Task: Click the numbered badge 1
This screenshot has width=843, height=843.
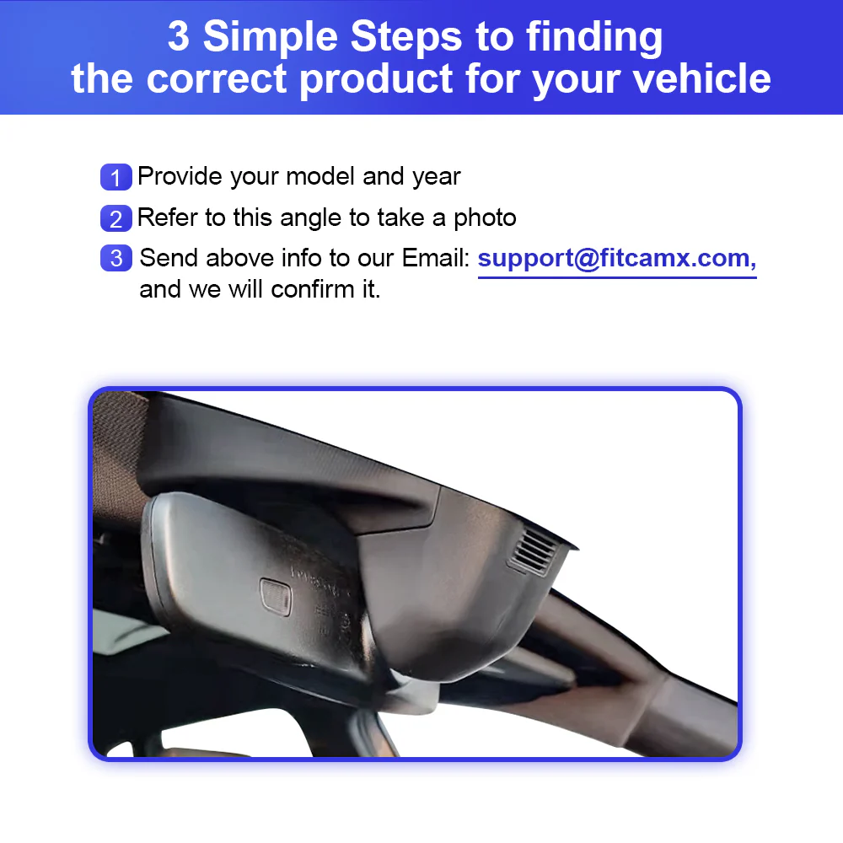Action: (116, 178)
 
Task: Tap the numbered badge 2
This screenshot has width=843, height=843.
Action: (116, 218)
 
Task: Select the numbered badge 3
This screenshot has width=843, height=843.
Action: (116, 258)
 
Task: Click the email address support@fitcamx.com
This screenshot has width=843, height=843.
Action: (616, 258)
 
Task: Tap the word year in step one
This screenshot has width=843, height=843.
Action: (436, 178)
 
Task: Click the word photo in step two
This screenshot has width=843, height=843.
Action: (485, 217)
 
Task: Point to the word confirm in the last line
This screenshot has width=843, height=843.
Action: (305, 289)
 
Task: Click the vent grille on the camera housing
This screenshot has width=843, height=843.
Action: (534, 552)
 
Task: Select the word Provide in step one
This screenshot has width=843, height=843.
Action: (180, 177)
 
